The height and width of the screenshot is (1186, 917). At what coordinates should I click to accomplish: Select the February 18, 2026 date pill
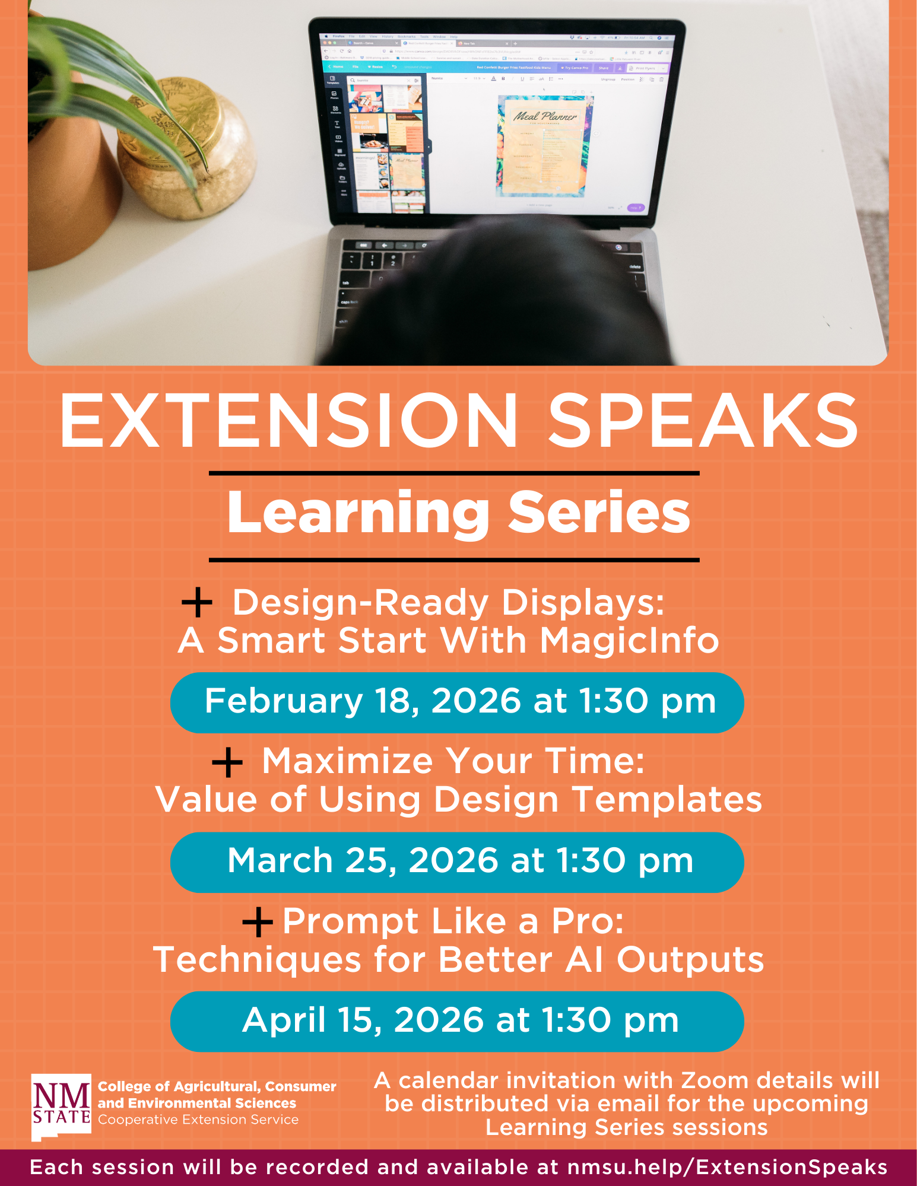[457, 702]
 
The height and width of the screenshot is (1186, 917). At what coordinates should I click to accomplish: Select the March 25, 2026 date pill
[457, 862]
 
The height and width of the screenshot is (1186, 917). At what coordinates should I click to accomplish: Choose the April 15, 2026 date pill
[457, 1021]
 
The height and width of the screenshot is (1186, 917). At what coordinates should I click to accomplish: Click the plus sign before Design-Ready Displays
[197, 603]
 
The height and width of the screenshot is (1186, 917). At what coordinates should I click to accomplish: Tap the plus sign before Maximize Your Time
[227, 762]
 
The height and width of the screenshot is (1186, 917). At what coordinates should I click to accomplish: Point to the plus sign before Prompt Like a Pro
[258, 921]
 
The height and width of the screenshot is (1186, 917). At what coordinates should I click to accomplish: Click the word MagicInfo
[629, 641]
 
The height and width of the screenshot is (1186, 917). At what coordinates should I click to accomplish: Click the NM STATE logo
[62, 1106]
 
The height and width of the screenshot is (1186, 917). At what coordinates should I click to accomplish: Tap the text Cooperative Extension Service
[198, 1120]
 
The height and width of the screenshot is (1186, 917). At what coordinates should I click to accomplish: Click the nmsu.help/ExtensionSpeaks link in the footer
[727, 1168]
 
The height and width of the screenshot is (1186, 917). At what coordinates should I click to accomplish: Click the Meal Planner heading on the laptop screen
[544, 116]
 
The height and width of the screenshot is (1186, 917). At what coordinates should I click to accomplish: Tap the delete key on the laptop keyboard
[634, 267]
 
